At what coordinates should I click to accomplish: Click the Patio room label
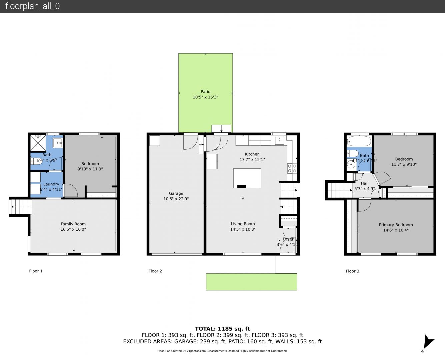(x=205, y=92)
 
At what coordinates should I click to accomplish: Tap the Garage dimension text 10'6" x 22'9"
(x=176, y=199)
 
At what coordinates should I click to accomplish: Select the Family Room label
(x=73, y=224)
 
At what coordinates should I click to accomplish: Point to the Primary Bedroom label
(x=396, y=225)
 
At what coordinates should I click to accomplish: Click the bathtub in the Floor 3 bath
(x=359, y=141)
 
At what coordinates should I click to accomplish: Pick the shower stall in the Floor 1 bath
(x=38, y=143)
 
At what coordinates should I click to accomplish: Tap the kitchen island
(x=247, y=178)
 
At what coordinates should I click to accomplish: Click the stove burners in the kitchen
(x=292, y=168)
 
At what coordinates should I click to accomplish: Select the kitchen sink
(x=279, y=140)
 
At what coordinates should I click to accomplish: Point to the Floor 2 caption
(x=155, y=271)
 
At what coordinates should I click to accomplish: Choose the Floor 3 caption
(x=352, y=271)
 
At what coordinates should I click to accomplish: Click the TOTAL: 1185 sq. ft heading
(x=222, y=329)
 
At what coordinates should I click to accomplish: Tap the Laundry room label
(x=51, y=184)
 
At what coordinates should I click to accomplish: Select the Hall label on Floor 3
(x=365, y=183)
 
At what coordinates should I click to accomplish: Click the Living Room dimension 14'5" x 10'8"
(x=243, y=229)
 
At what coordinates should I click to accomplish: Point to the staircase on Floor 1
(x=20, y=207)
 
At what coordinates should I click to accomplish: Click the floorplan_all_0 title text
(x=33, y=6)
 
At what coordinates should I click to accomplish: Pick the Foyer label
(x=288, y=239)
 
